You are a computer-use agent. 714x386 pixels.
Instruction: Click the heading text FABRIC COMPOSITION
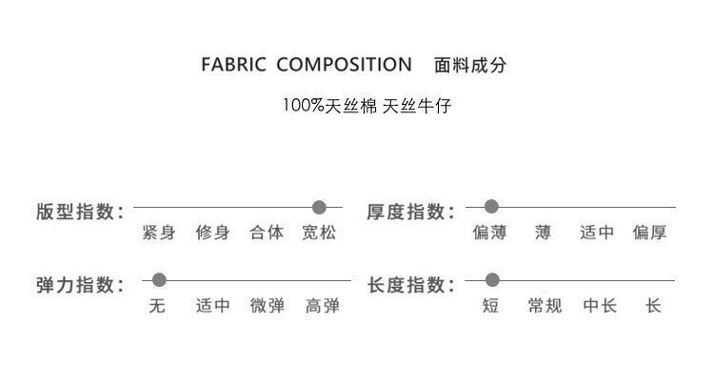click(x=307, y=66)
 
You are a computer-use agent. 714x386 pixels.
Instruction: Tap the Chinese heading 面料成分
click(x=469, y=66)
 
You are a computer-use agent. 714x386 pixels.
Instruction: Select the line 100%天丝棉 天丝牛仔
click(x=366, y=105)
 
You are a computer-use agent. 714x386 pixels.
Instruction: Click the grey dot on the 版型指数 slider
click(x=320, y=206)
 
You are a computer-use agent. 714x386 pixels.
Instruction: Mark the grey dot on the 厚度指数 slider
click(x=492, y=206)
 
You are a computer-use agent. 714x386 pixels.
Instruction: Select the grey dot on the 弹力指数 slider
click(x=159, y=280)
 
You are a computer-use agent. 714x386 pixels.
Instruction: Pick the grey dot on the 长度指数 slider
click(x=492, y=280)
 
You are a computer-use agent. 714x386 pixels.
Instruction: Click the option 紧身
click(x=158, y=233)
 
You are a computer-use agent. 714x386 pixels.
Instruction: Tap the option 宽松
click(x=320, y=233)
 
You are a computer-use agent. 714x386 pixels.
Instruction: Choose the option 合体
click(x=267, y=233)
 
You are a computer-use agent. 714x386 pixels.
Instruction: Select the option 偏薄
click(x=490, y=233)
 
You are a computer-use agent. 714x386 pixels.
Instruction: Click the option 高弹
click(x=323, y=307)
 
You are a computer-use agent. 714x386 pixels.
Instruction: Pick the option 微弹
click(x=268, y=307)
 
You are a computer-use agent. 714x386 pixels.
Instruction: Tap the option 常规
click(x=545, y=307)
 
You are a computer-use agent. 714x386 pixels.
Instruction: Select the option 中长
click(x=600, y=307)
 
